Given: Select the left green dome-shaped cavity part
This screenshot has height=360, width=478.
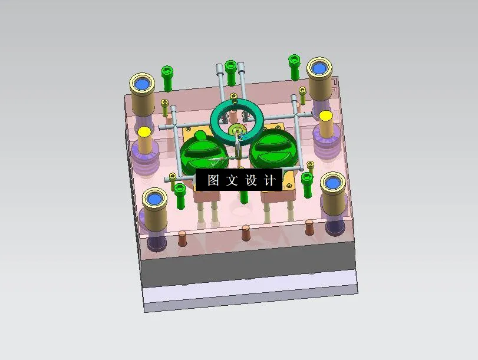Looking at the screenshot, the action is tap(200, 154).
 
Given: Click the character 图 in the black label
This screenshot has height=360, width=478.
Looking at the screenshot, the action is tap(213, 180).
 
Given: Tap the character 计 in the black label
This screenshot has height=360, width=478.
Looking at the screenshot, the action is tap(270, 180).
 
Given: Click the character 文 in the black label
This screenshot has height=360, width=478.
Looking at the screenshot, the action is tap(232, 180).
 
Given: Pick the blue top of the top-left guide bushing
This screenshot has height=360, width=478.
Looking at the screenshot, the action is tap(142, 85).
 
